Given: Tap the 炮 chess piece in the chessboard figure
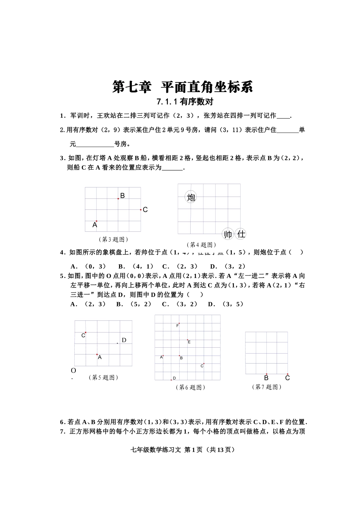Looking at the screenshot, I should click(191, 197).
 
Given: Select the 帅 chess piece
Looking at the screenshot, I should click(228, 234).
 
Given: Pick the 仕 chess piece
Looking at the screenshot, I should click(241, 234).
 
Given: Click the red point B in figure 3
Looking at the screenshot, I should click(118, 198).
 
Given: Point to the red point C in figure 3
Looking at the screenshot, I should click(141, 209).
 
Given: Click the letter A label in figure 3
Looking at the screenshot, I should click(95, 225).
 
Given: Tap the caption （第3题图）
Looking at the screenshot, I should click(113, 239).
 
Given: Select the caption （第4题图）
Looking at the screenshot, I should click(201, 245).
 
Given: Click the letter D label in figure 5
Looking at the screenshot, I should click(124, 340).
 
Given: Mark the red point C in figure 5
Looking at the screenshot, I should click(86, 332).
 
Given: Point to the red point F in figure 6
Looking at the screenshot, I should click(179, 323).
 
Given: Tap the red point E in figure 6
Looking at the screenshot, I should click(187, 340).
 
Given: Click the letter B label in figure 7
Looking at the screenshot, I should click(266, 378).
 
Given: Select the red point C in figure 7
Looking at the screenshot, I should click(288, 374).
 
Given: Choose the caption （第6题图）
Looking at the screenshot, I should click(190, 387).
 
